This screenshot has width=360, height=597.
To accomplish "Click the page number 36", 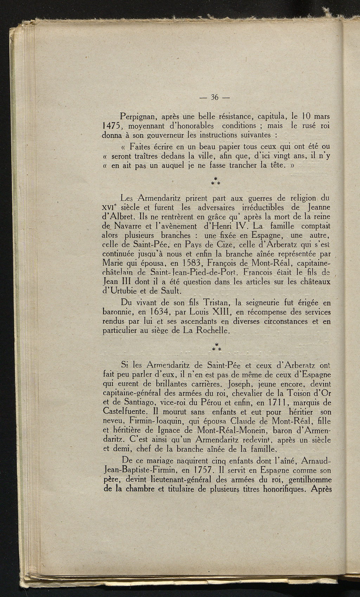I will pyautogui.click(x=214, y=97).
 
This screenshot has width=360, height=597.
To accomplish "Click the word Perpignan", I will pyautogui.click(x=139, y=116).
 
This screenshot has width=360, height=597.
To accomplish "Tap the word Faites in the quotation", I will pyautogui.click(x=141, y=146).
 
